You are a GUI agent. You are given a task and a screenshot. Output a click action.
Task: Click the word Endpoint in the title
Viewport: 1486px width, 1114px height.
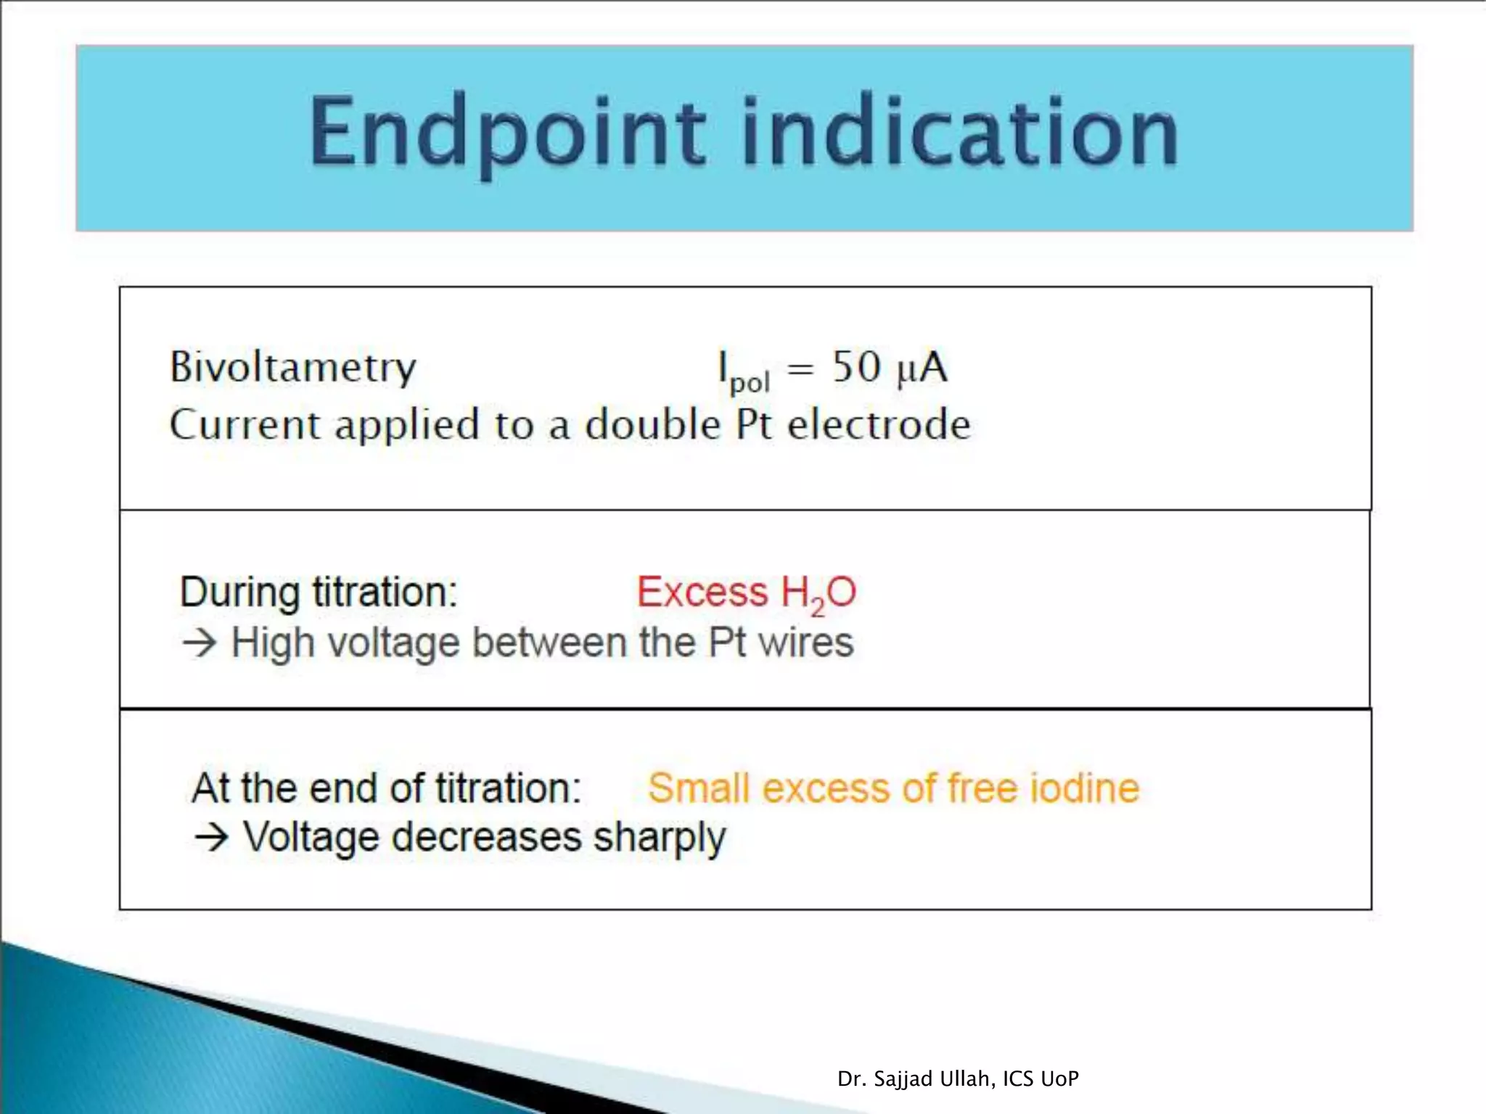click(507, 135)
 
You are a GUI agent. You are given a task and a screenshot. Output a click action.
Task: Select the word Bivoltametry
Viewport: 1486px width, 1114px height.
click(292, 368)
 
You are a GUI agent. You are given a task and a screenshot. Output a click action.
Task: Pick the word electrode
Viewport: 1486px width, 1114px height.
click(879, 425)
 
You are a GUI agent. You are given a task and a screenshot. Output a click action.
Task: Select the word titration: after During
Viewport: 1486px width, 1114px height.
click(385, 593)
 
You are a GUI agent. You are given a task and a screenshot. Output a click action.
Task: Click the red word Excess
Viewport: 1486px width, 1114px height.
click(702, 593)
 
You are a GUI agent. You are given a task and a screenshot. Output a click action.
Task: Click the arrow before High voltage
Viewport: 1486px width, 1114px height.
click(200, 643)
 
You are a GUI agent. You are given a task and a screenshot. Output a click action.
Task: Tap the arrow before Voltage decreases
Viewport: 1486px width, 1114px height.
click(211, 838)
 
